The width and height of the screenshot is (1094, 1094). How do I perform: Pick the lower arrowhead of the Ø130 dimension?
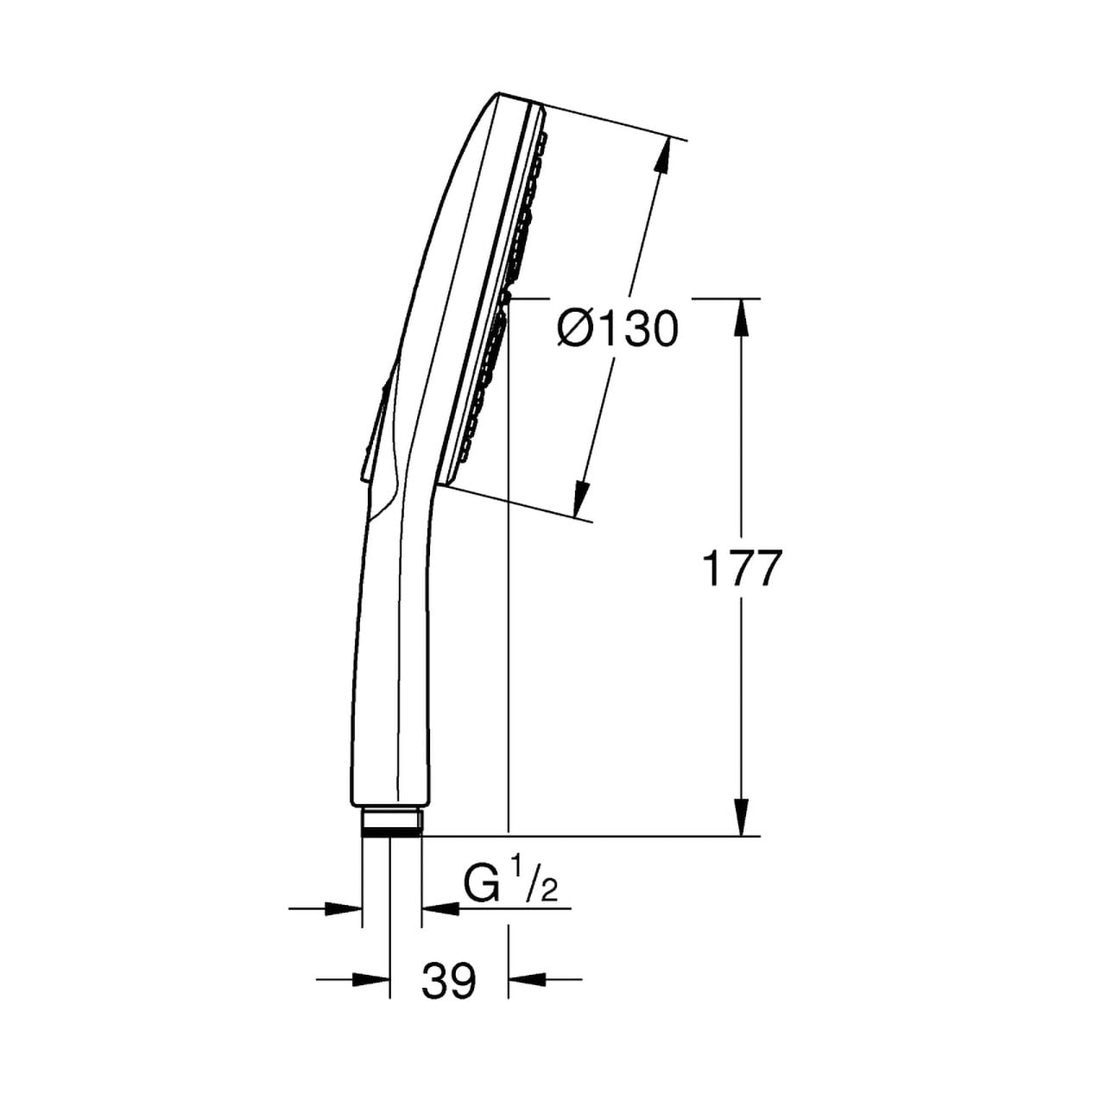(x=582, y=498)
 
